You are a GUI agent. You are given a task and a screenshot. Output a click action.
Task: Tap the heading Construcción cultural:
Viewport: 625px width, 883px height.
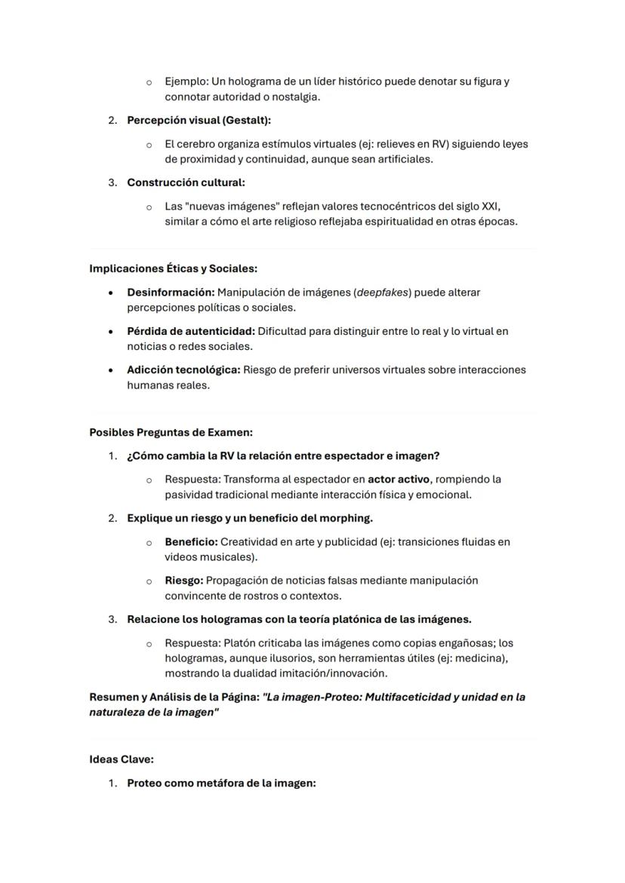(186, 182)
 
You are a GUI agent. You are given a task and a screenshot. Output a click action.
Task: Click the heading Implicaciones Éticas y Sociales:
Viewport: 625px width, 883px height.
(173, 268)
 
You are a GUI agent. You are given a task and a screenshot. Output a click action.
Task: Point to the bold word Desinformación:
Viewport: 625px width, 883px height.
(171, 292)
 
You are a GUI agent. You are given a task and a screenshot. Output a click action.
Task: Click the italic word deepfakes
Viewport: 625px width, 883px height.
(382, 292)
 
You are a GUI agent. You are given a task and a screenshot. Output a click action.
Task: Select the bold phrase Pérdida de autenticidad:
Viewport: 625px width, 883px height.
(191, 331)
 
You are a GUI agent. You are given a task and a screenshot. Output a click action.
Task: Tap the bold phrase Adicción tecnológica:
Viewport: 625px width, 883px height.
(183, 369)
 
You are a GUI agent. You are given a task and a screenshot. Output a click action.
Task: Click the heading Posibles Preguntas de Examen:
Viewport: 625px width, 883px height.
(171, 433)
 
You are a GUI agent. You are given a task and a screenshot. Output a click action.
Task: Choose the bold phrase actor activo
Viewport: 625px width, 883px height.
(399, 480)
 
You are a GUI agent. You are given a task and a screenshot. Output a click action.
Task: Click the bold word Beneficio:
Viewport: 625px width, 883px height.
(191, 542)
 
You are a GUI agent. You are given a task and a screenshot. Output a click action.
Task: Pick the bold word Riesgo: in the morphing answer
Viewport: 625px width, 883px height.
(183, 581)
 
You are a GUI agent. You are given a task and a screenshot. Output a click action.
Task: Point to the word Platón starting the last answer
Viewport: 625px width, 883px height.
(241, 643)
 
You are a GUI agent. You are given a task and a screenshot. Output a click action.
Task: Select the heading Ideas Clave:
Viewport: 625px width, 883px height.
(121, 759)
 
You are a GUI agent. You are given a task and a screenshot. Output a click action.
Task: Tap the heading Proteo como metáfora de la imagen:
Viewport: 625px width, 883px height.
(220, 783)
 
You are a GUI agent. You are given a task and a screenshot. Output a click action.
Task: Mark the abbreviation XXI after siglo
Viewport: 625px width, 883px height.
(491, 206)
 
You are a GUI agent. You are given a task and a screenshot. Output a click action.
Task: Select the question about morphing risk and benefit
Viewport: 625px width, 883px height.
(249, 519)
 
